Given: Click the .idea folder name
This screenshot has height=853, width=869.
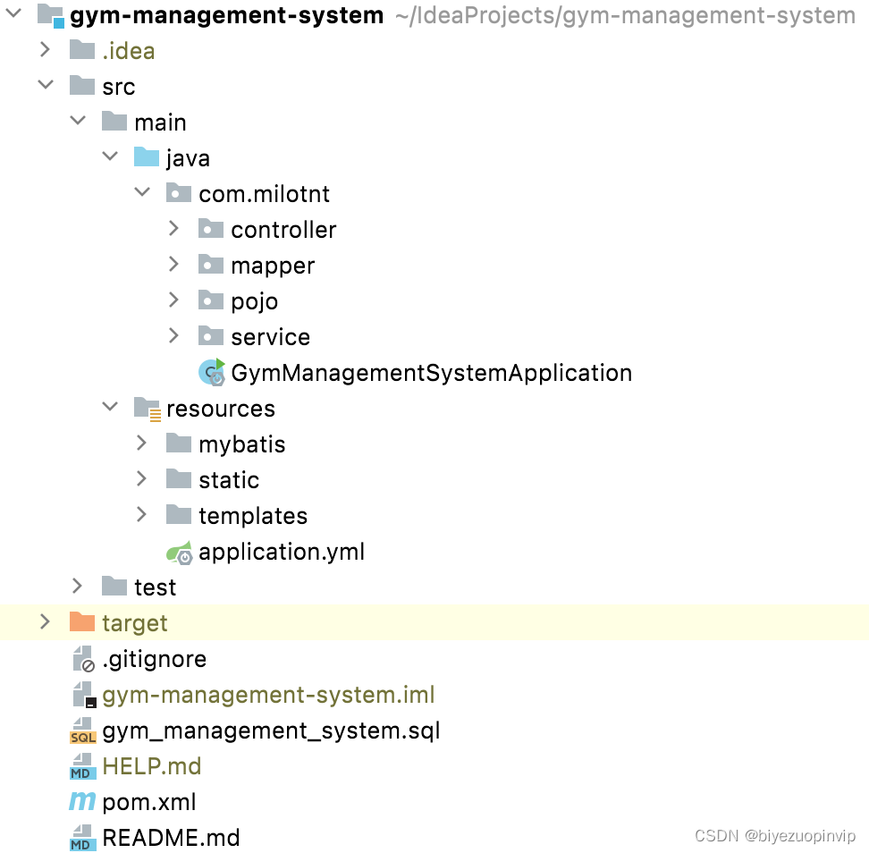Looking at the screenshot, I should click(128, 51).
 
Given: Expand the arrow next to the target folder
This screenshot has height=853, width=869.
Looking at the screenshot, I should click(45, 622).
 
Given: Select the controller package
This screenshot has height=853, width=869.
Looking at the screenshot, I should click(283, 230).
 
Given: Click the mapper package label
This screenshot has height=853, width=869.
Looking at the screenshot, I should click(272, 266).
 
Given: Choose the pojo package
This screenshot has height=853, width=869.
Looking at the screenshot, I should click(254, 301).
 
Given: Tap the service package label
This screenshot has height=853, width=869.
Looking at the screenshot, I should click(270, 337).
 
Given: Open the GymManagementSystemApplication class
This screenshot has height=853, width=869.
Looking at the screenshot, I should click(431, 373).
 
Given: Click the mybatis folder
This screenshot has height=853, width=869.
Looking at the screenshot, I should click(241, 444).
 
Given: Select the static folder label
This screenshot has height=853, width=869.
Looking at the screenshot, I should click(229, 480).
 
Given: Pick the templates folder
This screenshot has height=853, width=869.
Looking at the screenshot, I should click(252, 516).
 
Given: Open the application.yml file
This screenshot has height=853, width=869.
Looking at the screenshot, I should click(281, 552).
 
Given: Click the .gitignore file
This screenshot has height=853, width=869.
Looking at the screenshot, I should click(154, 659).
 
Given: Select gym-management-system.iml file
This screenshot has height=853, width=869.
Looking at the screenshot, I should click(268, 695).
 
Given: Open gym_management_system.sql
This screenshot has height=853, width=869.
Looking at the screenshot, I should click(271, 731).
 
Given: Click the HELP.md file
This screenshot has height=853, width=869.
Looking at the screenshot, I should click(151, 766).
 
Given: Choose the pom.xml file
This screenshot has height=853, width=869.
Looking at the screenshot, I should click(148, 802).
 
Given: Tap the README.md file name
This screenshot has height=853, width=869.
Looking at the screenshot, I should click(171, 838).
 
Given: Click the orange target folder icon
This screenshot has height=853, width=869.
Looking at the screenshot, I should click(82, 622).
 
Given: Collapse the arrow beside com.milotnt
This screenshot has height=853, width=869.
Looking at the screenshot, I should click(141, 193).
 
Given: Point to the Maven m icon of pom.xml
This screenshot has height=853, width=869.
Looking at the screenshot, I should click(82, 802).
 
